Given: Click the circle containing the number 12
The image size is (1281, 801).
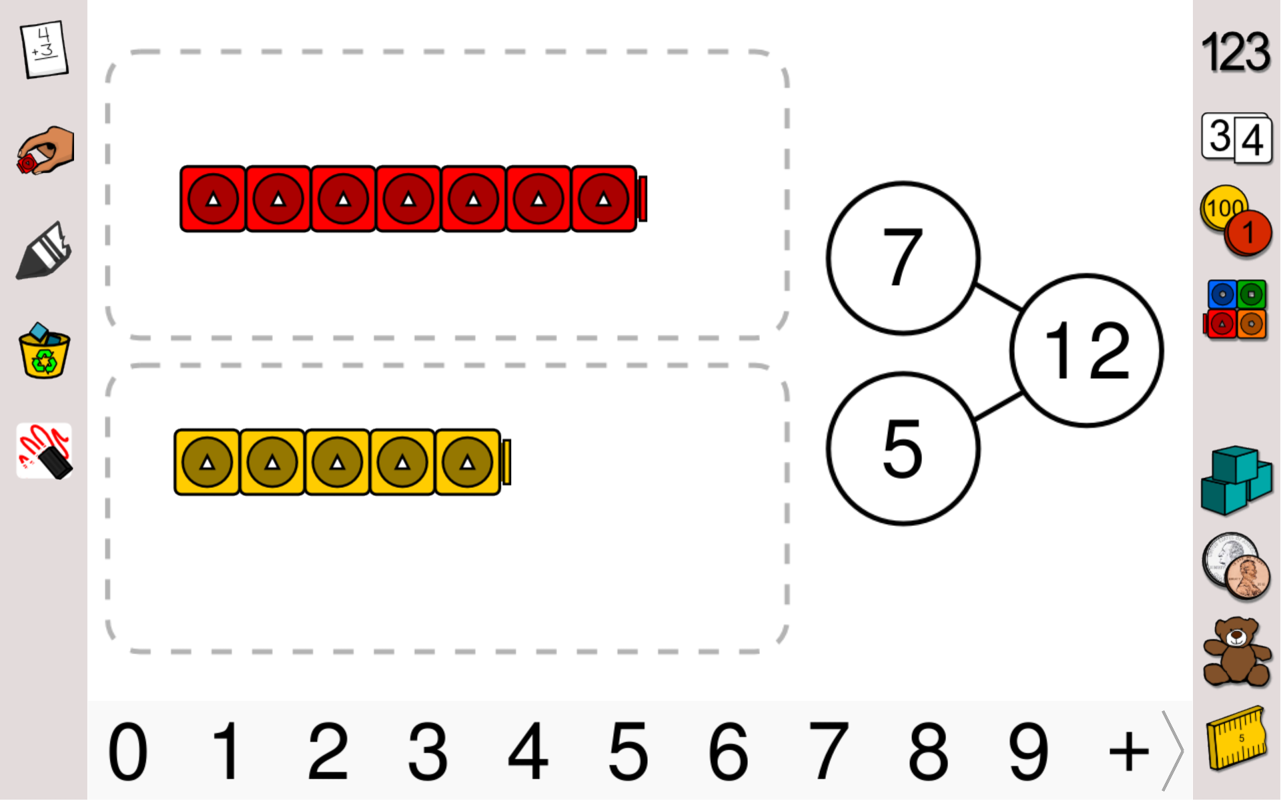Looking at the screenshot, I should (1086, 350).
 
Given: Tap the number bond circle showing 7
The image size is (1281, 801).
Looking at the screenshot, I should (903, 258).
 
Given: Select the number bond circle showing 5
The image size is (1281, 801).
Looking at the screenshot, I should (903, 449).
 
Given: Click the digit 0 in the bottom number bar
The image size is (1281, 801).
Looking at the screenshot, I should (127, 752).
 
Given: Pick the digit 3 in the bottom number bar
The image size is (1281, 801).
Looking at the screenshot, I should (428, 752).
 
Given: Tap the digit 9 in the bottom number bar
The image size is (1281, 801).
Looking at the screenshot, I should (1028, 752).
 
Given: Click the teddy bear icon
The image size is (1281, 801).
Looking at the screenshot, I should (1236, 653).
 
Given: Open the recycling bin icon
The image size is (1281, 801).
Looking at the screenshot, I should (44, 352).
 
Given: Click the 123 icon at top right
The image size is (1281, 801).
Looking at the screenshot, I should (1236, 52).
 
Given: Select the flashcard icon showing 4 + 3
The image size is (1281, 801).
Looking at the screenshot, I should (45, 49).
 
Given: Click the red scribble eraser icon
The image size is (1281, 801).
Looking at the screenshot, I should (44, 451).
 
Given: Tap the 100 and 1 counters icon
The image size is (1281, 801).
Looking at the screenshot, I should (1236, 222).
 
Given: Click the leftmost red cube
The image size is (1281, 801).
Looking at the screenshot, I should (213, 199).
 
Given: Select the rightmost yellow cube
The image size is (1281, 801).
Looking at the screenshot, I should (468, 462).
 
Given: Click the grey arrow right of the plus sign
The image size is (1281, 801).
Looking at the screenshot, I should (1172, 751).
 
